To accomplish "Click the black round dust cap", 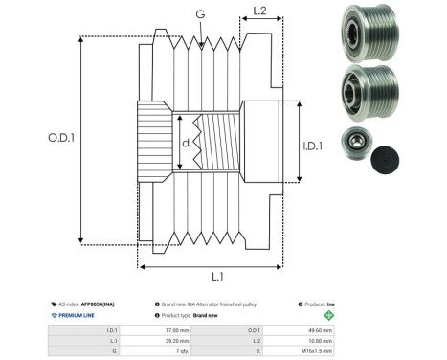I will coord(391,157).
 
